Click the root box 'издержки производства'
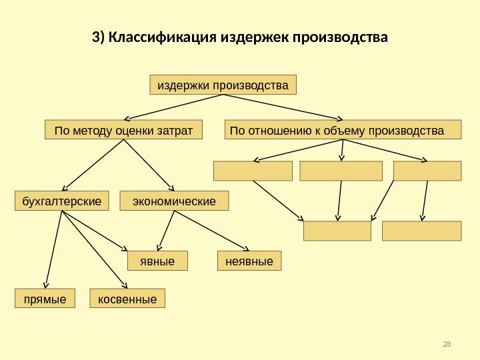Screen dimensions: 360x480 (x=223, y=85)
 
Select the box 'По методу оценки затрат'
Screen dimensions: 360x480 (x=123, y=130)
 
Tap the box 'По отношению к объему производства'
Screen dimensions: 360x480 (x=343, y=130)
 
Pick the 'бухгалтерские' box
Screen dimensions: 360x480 (x=62, y=201)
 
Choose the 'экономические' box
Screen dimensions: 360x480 (x=174, y=201)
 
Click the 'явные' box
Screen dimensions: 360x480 (x=157, y=261)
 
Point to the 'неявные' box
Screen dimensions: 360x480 (x=250, y=261)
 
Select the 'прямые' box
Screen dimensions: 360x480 (x=45, y=299)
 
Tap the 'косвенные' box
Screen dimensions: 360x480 (x=127, y=299)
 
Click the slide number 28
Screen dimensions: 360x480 (x=447, y=343)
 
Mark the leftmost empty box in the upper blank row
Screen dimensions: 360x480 (x=253, y=171)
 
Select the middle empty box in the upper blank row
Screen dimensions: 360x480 (x=341, y=171)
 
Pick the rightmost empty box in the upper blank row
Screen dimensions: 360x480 (x=427, y=171)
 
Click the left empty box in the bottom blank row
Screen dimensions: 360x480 (x=337, y=231)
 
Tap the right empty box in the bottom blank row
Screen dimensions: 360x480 (x=421, y=231)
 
